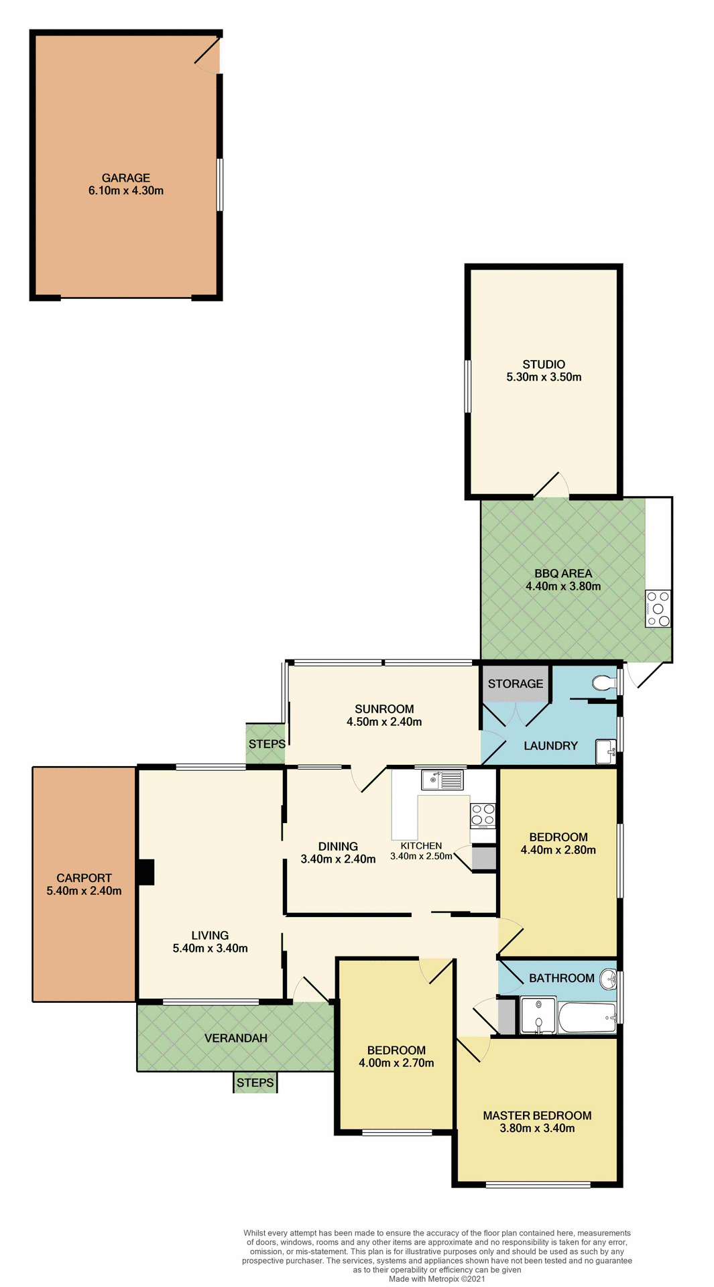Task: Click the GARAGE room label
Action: (x=125, y=178)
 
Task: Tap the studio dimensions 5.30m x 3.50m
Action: (x=543, y=377)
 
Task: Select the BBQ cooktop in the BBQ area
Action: (x=657, y=609)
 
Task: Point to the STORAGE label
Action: (x=515, y=684)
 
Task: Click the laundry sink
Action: (x=605, y=751)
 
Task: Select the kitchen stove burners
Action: (x=482, y=814)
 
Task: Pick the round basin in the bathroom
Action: (x=607, y=978)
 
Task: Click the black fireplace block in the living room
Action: (x=145, y=872)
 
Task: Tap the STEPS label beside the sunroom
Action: (x=266, y=744)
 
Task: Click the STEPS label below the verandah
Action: (x=255, y=1083)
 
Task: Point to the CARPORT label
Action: (x=84, y=877)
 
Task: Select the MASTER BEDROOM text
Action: (x=537, y=1115)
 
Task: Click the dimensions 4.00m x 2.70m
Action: (x=396, y=1063)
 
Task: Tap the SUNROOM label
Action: (x=384, y=709)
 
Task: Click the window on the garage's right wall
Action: (x=220, y=184)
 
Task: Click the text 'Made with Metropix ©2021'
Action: (x=436, y=1279)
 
